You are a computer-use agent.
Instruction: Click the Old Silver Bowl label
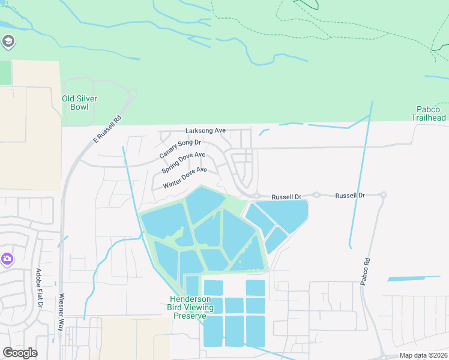point(79,103)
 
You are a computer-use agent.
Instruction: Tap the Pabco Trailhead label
point(429,113)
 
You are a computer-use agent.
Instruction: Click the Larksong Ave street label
point(205,130)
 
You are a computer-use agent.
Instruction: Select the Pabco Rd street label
point(367,269)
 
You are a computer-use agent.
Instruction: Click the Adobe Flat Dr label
point(39,289)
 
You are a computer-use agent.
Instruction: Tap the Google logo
point(20,353)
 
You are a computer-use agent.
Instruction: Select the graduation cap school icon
point(8,41)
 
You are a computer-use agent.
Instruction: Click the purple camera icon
point(7,259)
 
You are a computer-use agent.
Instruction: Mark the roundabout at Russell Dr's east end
point(383,195)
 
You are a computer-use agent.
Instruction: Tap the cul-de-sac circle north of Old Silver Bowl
point(133,93)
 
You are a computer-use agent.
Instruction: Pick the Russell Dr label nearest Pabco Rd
point(350,196)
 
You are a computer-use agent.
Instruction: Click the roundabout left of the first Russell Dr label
point(255,196)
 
